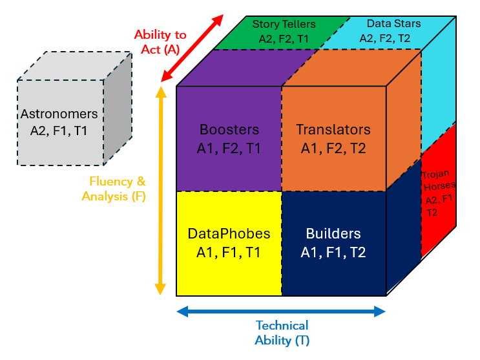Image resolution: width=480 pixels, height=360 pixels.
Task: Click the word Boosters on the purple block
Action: click(x=229, y=129)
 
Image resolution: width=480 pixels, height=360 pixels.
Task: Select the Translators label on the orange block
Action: click(x=333, y=129)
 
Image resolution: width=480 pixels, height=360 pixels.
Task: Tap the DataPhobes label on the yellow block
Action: click(x=229, y=233)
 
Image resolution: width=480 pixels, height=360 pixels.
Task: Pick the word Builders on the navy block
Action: click(x=333, y=233)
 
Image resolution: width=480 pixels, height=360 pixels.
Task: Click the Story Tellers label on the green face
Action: click(x=284, y=25)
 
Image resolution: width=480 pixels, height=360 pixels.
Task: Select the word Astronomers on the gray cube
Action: click(x=59, y=114)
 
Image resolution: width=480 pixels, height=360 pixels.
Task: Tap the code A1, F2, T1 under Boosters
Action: click(x=229, y=148)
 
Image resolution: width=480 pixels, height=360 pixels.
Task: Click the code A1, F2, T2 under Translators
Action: click(x=333, y=148)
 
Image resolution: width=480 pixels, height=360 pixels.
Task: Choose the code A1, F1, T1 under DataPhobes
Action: click(x=229, y=252)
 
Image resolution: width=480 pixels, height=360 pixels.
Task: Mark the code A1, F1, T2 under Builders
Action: click(x=333, y=252)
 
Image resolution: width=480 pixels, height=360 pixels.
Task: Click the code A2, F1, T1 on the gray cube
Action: click(x=59, y=131)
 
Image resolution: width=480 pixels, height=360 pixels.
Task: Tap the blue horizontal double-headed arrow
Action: click(x=281, y=312)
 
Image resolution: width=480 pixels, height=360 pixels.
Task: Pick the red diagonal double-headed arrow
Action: click(x=192, y=48)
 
